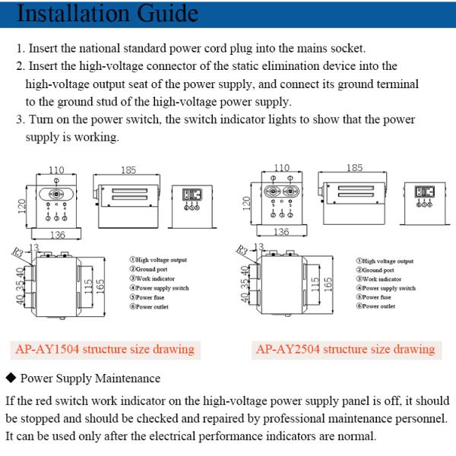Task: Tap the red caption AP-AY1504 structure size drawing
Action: click(105, 350)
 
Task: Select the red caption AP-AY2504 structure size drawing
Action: click(346, 350)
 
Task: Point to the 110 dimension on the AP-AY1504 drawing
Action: click(57, 169)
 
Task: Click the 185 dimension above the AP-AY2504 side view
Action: click(354, 168)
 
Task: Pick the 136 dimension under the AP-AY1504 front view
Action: click(57, 235)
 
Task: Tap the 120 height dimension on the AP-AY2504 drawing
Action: click(246, 203)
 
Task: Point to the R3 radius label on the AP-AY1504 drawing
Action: click(16, 250)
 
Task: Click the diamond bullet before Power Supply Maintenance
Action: click(10, 378)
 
